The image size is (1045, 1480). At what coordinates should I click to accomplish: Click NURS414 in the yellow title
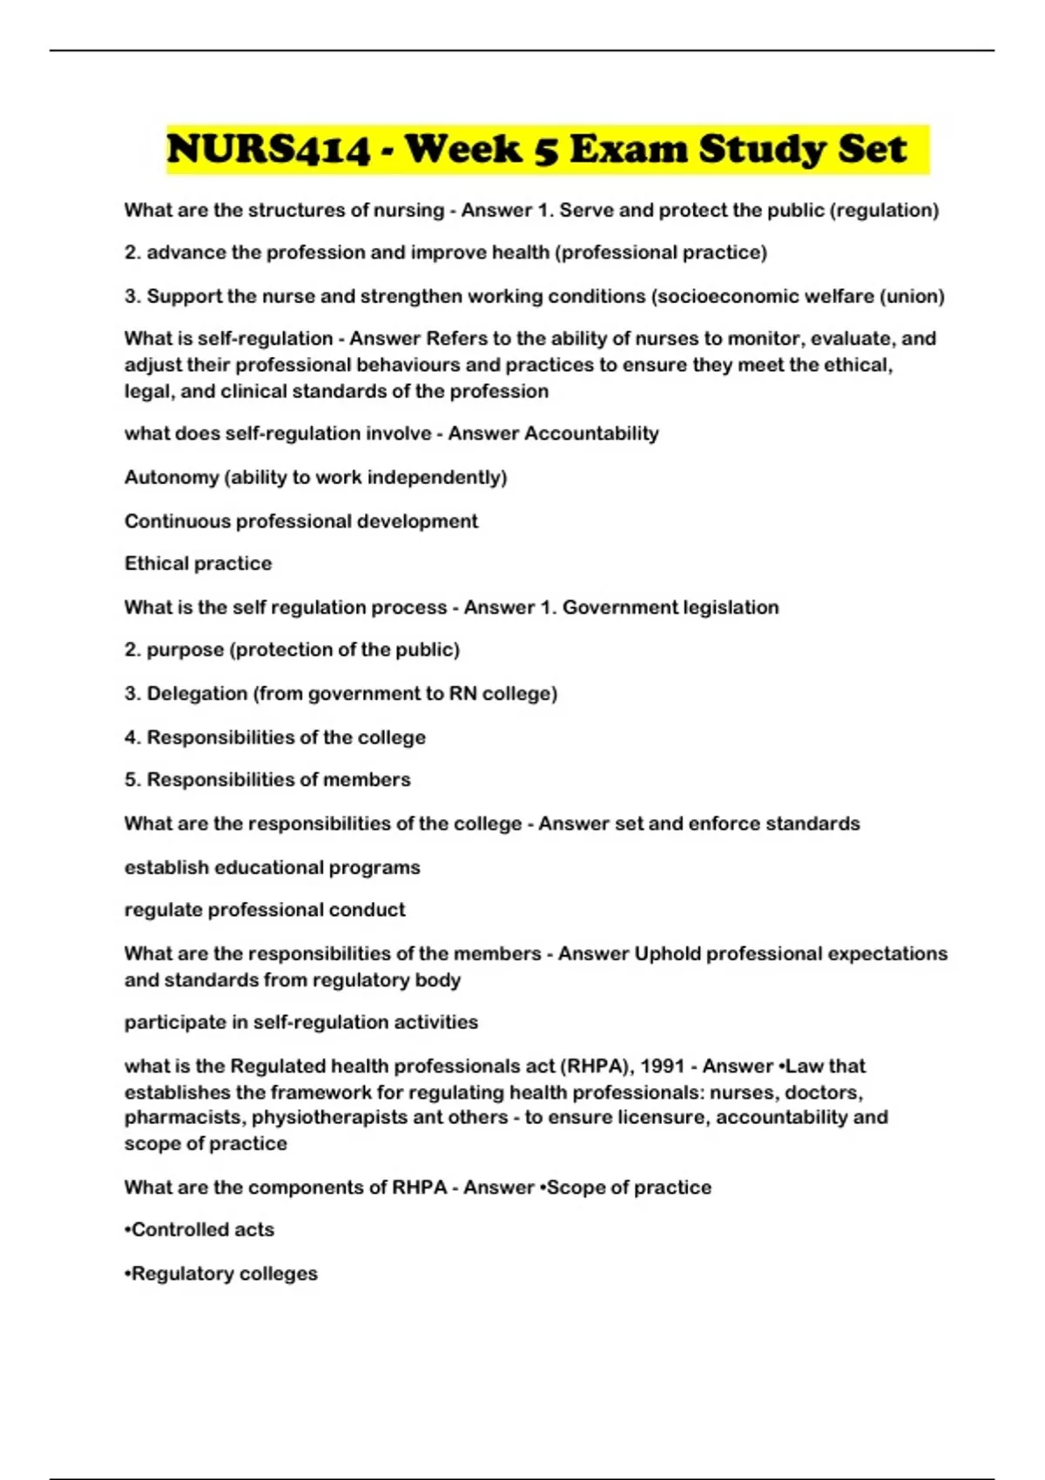point(268,150)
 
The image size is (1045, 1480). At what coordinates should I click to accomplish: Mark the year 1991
point(662,1066)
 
